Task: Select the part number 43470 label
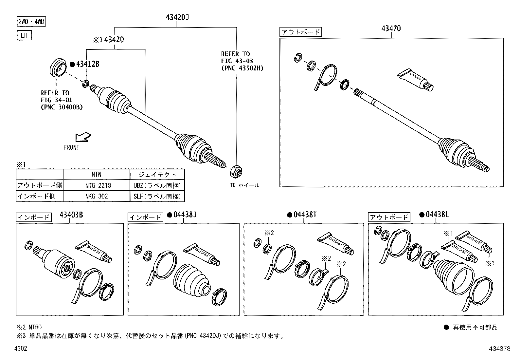390,29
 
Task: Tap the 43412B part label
87,64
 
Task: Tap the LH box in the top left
24,35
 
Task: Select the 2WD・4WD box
31,22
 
